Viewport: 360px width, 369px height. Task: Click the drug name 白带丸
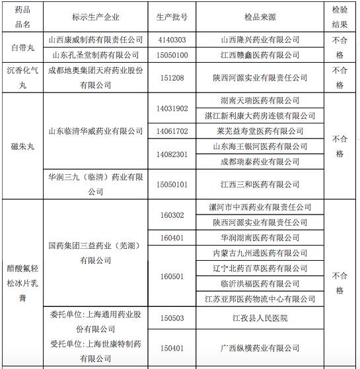click(x=22, y=47)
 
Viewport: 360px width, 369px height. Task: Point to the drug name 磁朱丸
click(x=21, y=146)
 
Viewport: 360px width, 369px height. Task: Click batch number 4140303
click(x=172, y=40)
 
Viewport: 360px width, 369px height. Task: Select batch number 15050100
click(x=172, y=55)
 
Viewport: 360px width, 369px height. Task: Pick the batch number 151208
click(x=172, y=78)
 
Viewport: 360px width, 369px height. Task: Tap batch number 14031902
click(x=172, y=108)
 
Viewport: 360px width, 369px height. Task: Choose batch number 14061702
click(x=172, y=131)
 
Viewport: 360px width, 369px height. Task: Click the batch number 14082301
click(x=172, y=154)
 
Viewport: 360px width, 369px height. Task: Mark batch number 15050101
click(x=172, y=184)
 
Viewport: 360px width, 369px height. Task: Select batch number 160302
click(x=172, y=215)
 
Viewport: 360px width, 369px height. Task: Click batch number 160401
click(x=172, y=238)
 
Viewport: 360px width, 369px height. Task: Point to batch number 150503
click(x=172, y=318)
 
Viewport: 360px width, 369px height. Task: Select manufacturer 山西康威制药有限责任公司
click(x=95, y=40)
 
